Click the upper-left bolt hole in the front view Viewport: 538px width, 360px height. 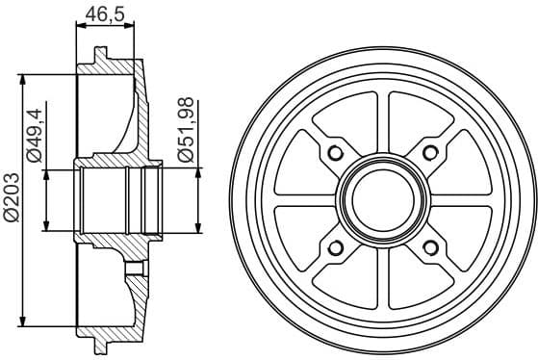coord(335,154)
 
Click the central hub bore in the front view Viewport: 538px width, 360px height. coord(381,200)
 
